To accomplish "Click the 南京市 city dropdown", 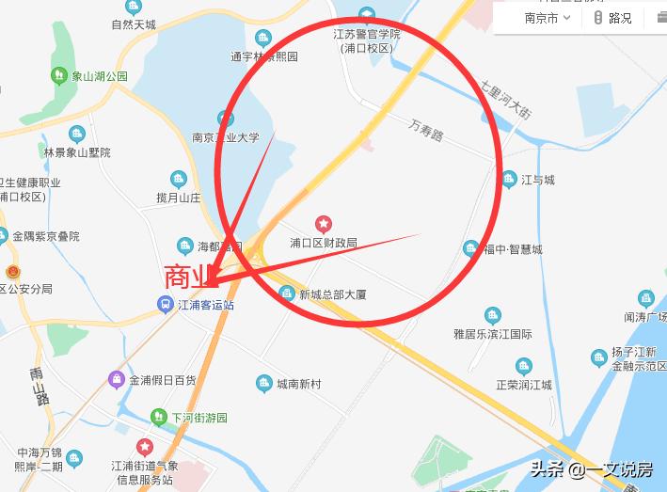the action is [546, 18].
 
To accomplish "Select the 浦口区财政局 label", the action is [324, 243].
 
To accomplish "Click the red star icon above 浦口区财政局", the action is [324, 224].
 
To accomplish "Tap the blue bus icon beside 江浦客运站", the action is [164, 304].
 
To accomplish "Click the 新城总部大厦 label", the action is [332, 294].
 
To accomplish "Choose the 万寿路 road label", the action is [426, 129].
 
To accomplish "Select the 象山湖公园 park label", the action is [100, 76].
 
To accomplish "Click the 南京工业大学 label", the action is [225, 136].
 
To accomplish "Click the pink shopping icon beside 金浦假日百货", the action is [116, 380].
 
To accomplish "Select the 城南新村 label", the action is [298, 384].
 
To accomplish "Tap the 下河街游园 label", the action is [199, 418].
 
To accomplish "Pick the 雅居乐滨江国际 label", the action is [492, 334].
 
